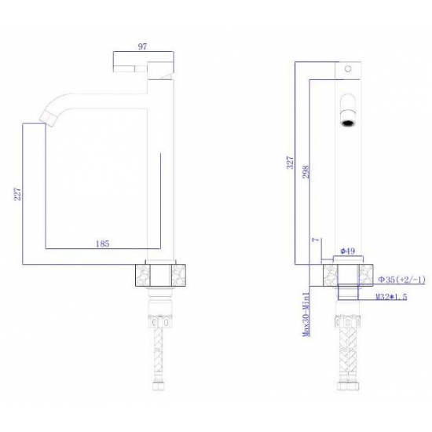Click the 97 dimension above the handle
142,46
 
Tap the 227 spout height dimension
17,194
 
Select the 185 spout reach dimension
102,243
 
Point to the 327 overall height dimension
291,163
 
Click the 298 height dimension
306,172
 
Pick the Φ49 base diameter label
348,251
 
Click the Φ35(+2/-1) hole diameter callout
401,280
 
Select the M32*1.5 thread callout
391,297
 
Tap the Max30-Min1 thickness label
306,314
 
